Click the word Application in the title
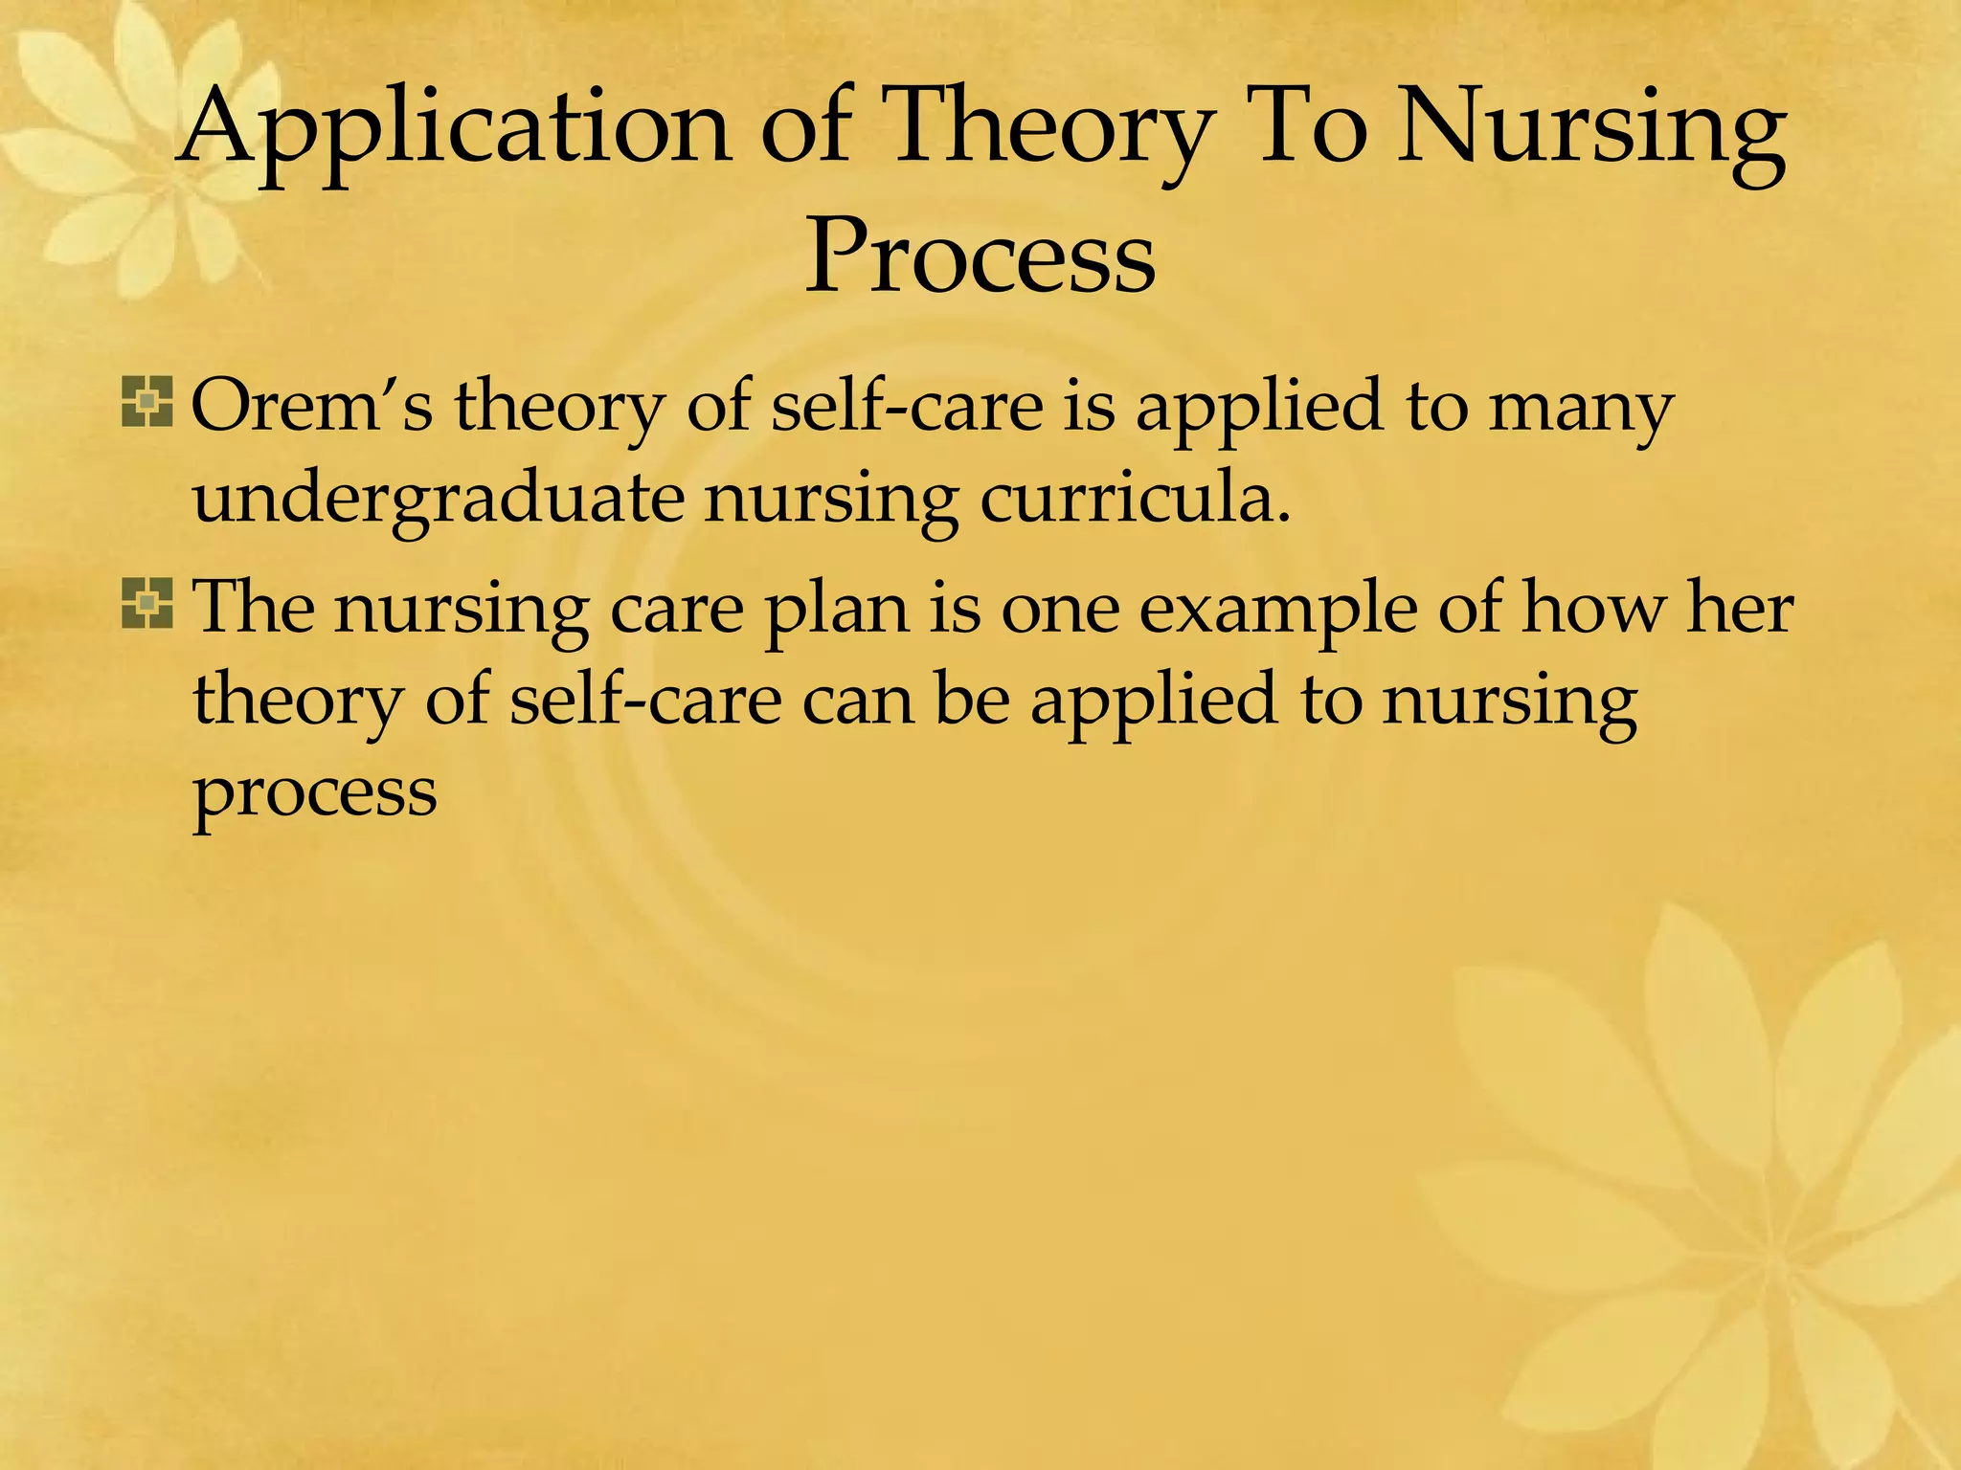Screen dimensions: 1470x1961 456,129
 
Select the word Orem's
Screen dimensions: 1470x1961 311,406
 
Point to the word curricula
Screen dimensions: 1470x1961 1135,500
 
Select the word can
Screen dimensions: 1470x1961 857,700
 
